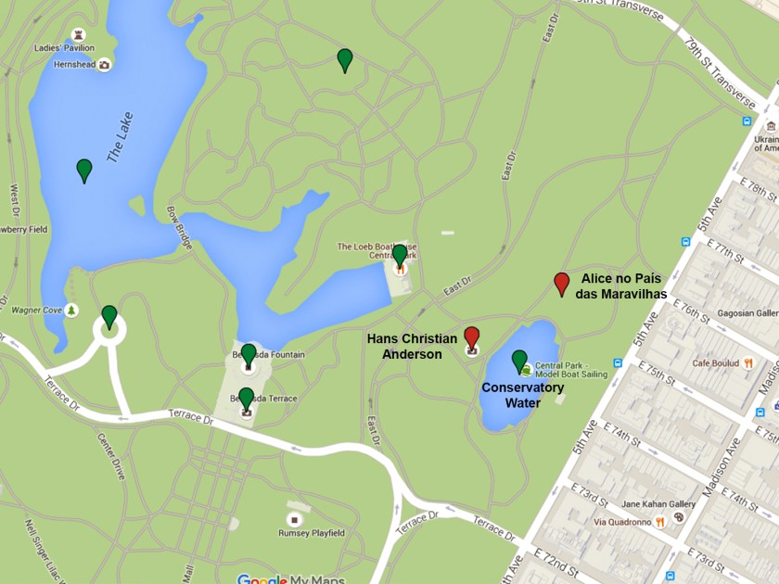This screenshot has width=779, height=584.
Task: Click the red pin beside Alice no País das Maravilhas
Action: (x=561, y=283)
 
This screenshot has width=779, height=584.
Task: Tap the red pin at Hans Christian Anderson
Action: (x=472, y=336)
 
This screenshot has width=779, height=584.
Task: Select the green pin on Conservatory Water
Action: (x=519, y=361)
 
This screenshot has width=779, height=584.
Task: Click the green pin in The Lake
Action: (x=84, y=170)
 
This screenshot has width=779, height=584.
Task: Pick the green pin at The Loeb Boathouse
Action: (x=400, y=254)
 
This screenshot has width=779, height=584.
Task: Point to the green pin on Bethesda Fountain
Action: (x=249, y=354)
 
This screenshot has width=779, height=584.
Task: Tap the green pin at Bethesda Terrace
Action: (x=247, y=398)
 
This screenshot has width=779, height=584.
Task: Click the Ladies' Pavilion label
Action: (x=64, y=48)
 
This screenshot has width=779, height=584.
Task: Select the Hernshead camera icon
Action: (x=104, y=65)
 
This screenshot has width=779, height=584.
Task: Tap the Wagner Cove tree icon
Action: (x=72, y=310)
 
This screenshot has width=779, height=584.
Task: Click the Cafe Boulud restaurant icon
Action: (x=747, y=362)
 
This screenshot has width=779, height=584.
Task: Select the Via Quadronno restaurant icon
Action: (x=659, y=522)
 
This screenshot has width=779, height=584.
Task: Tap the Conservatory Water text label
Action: (x=522, y=395)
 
